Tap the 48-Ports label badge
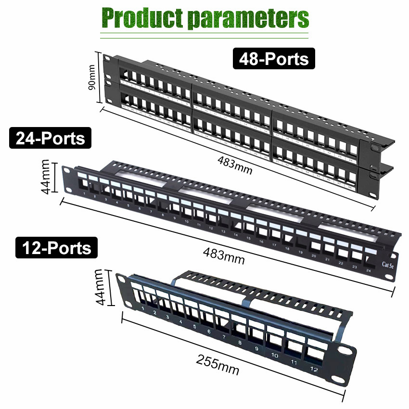pos(274,59)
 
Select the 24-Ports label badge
pos(50,139)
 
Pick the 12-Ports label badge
pos(56,248)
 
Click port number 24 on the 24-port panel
pos(369,270)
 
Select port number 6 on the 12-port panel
pos(209,332)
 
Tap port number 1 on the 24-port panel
pos(85,193)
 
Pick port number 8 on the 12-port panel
pos(240,343)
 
